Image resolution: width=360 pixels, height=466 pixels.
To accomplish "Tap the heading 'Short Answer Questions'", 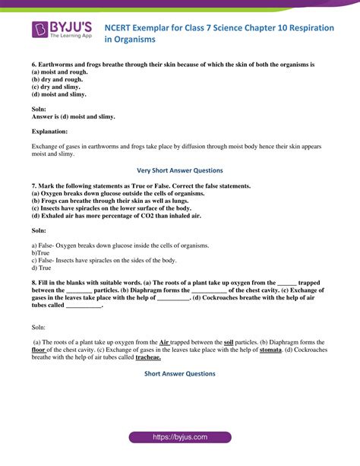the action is tap(179, 374).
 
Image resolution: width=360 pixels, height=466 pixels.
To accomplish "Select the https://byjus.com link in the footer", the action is tap(179, 438).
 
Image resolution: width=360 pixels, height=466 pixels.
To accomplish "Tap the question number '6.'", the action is tap(34, 65).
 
